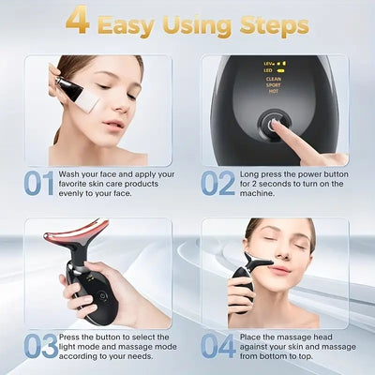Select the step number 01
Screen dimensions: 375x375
pos(39,184)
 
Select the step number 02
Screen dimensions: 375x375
pos(217,184)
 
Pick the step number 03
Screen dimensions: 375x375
pos(39,346)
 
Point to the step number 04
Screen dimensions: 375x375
pos(217,346)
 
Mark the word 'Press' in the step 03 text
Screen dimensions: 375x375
pos(76,337)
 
